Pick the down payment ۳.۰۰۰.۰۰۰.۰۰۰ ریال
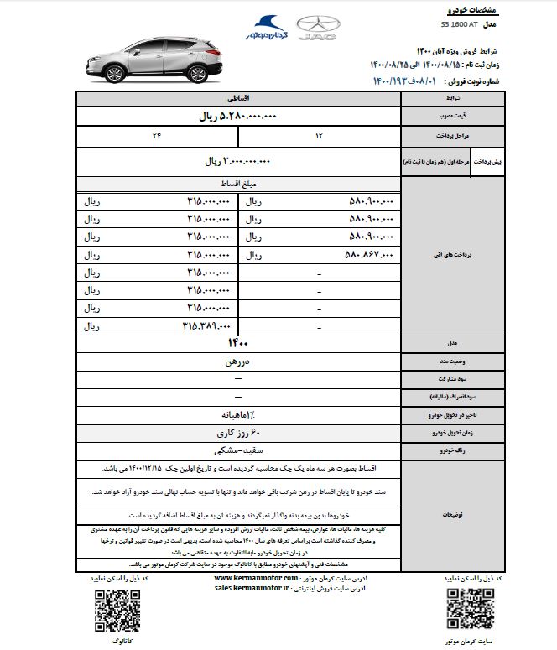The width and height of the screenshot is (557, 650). [x=239, y=160]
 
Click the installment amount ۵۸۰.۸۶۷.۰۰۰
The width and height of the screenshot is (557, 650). [x=368, y=253]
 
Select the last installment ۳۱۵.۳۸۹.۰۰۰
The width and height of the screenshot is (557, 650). [x=206, y=325]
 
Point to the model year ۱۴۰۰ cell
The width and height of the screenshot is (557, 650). [x=239, y=343]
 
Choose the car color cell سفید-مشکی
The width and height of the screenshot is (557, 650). [x=239, y=450]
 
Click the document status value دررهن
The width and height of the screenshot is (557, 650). [x=239, y=361]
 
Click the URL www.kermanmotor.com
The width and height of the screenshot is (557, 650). [x=255, y=579]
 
